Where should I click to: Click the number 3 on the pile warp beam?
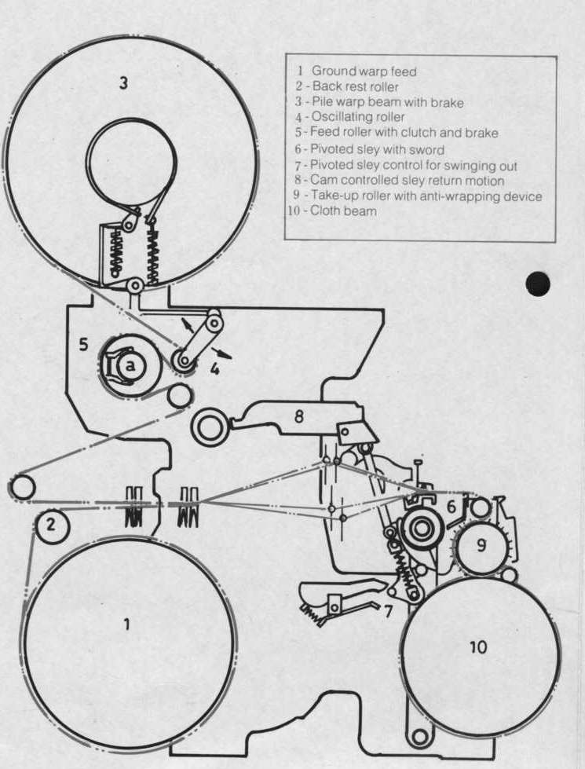(123, 83)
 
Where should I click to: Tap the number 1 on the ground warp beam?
(127, 624)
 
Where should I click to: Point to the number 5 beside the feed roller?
(84, 344)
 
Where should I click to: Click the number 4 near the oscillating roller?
(214, 368)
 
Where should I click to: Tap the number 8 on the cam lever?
(298, 417)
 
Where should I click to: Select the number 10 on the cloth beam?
(478, 647)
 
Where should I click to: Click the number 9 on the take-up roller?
(481, 545)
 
